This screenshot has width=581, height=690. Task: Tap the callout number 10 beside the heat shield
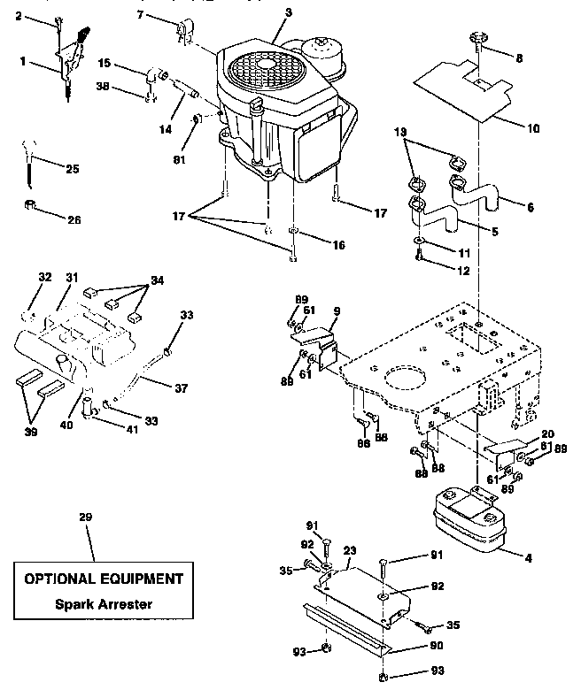click(533, 128)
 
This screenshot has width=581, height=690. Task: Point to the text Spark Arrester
click(105, 605)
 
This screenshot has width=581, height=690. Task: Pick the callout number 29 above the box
click(84, 516)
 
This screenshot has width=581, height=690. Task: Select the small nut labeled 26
click(31, 207)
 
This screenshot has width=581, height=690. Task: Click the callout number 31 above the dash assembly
click(72, 277)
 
